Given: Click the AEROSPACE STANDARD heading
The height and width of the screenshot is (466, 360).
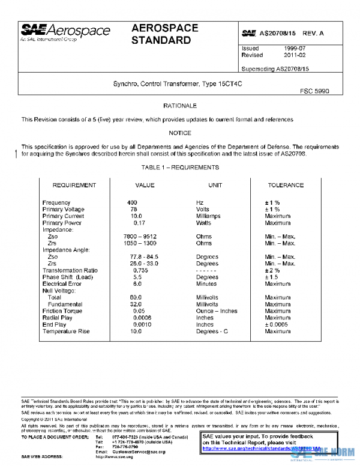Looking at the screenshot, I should (x=161, y=35).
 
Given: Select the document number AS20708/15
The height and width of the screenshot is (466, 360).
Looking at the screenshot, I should (x=277, y=33).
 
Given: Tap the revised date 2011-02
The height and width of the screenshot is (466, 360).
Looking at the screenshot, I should (x=295, y=55).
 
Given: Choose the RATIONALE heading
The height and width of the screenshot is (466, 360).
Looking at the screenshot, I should (x=180, y=106).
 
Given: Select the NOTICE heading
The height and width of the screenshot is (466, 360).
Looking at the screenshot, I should (x=180, y=133).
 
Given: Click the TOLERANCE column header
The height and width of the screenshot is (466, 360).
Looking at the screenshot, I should (x=286, y=186).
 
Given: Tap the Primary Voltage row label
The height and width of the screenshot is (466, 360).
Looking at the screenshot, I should (x=64, y=210).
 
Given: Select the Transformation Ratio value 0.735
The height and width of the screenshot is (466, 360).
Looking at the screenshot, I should (x=140, y=270).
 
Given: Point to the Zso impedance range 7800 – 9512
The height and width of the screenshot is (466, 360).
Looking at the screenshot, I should (x=143, y=237).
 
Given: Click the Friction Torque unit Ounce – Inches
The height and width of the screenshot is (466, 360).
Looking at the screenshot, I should (x=217, y=311).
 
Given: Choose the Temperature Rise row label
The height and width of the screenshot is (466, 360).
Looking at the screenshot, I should (x=66, y=331).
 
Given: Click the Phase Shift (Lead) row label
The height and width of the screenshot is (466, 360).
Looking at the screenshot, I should (x=68, y=277).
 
